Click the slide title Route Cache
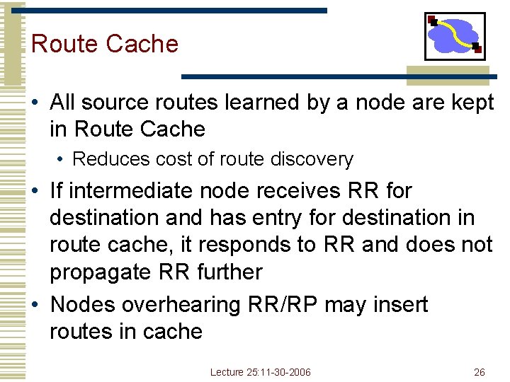tap(105, 44)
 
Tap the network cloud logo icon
tap(455, 35)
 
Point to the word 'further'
tap(227, 272)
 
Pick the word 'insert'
tap(401, 305)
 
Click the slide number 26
tap(479, 372)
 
